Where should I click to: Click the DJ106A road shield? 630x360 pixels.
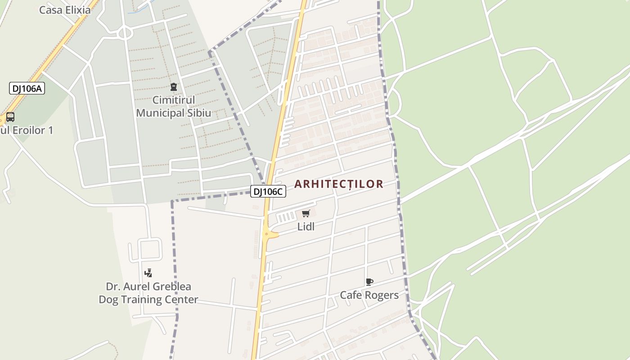pos(27,88)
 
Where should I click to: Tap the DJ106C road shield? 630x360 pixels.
pos(268,191)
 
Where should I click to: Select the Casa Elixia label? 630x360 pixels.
pos(65,10)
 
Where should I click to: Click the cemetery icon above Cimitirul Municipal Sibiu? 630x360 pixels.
pos(174,87)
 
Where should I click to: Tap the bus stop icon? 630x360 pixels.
pos(10,117)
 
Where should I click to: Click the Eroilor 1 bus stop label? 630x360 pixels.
pos(27,130)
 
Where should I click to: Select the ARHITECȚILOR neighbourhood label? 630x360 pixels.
pos(338,184)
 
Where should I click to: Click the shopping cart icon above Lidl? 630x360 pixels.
pos(306,213)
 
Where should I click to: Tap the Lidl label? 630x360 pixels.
pos(306,227)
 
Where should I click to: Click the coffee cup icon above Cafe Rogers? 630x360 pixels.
pos(369,282)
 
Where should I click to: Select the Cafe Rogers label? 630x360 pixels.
pos(369,295)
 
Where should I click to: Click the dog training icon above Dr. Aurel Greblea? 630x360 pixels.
pos(148,273)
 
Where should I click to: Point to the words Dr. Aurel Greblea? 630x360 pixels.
pos(148,287)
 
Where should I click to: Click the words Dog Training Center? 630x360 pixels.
pos(148,300)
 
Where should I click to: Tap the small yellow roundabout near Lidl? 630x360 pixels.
pos(267,234)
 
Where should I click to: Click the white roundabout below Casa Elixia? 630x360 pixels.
pos(125,32)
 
